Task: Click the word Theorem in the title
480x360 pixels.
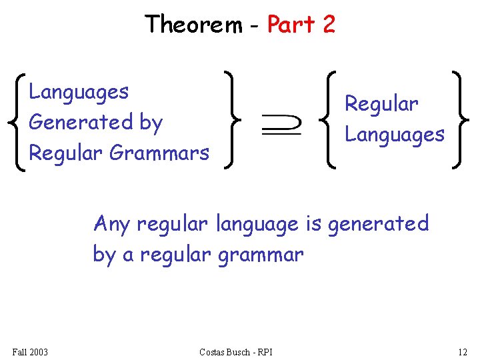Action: (194, 25)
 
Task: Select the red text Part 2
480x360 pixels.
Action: (301, 25)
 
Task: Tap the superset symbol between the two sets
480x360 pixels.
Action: (281, 124)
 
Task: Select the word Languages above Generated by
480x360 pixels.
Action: (79, 91)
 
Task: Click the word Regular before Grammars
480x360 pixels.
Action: (66, 153)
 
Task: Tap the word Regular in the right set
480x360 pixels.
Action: (381, 104)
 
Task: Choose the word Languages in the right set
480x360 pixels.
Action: (394, 135)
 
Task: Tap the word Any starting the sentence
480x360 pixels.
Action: (112, 224)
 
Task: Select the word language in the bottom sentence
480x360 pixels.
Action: (257, 224)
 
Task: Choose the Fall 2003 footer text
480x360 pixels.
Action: (30, 351)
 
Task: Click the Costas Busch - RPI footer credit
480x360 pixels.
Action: (235, 351)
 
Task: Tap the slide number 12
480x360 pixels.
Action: (463, 351)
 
